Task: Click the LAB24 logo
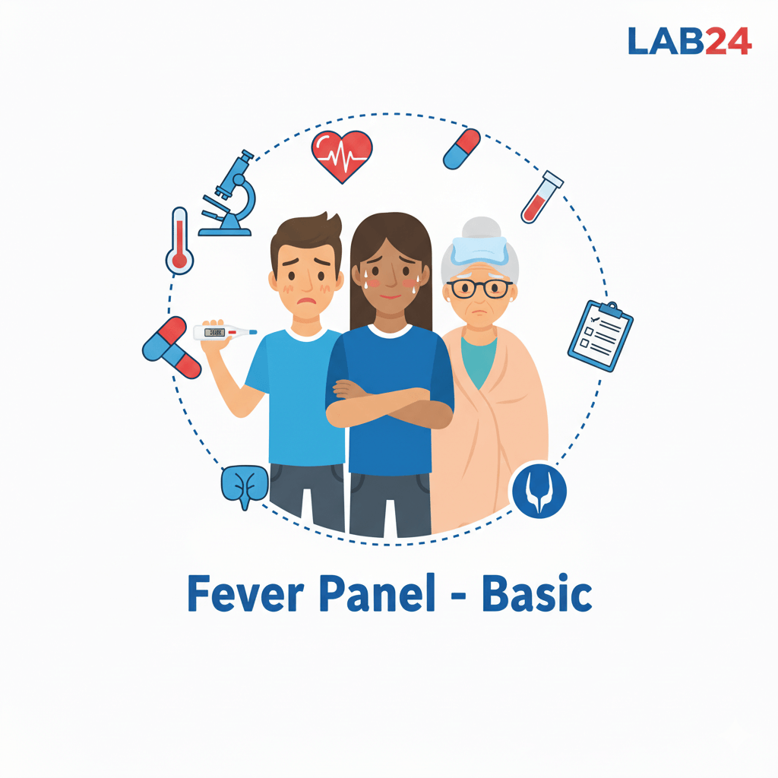tap(690, 41)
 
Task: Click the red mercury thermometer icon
tap(179, 241)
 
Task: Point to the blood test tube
tap(542, 197)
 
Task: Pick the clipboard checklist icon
tap(600, 335)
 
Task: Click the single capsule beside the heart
tap(461, 149)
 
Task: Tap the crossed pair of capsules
tap(171, 348)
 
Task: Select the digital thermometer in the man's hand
tap(224, 332)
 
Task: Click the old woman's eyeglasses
tap(479, 288)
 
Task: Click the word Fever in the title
tap(245, 593)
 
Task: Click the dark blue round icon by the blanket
tap(539, 490)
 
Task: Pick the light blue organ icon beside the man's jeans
tap(245, 485)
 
